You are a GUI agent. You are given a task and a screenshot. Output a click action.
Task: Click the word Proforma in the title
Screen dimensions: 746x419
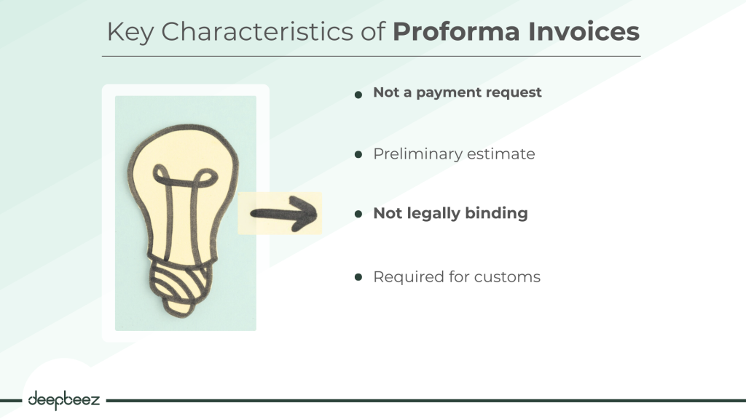(x=456, y=31)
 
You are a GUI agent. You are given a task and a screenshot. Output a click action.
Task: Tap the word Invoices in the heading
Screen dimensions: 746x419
(x=584, y=31)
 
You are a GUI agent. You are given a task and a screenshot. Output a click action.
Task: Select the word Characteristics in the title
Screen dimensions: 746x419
(x=257, y=32)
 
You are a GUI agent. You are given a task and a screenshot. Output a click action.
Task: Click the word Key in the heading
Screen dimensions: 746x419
(x=130, y=33)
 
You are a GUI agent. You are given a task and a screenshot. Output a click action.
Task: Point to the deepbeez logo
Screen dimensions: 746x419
(x=64, y=400)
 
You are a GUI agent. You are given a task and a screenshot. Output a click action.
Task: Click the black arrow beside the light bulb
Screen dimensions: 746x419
(x=283, y=214)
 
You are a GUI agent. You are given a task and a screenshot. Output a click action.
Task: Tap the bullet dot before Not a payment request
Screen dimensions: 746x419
(x=358, y=95)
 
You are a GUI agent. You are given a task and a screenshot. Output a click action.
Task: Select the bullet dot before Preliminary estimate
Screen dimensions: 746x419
(x=358, y=154)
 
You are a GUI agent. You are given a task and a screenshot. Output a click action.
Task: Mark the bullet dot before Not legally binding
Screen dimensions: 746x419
(x=358, y=214)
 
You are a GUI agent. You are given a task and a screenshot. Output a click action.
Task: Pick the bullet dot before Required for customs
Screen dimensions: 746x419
(x=358, y=277)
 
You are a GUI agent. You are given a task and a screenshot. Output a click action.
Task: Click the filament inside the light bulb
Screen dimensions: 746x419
(x=183, y=209)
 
